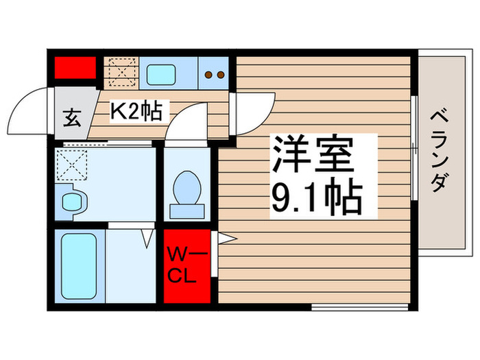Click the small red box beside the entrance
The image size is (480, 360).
click(75, 68)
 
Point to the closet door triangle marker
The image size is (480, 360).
click(227, 238)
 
